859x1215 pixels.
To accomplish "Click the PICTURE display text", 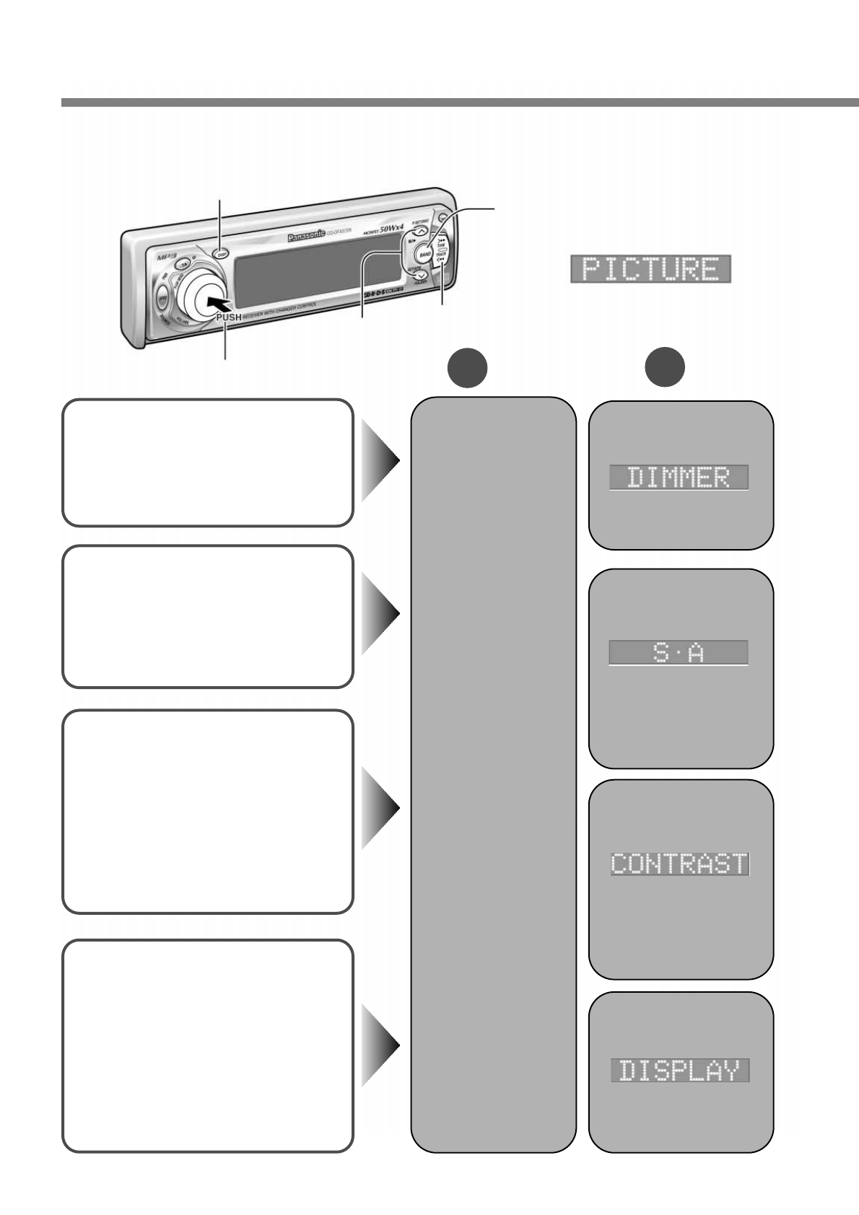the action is coord(650,268).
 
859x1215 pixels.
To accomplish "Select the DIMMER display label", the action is coord(679,478).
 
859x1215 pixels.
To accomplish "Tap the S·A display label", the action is coord(678,652).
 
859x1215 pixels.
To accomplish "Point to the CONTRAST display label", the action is coord(679,864).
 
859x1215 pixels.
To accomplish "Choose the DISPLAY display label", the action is coord(679,1070).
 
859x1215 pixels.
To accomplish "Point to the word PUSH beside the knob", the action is coord(229,317).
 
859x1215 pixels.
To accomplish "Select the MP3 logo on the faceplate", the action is coord(167,256).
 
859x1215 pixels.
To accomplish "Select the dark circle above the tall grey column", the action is coord(467,368).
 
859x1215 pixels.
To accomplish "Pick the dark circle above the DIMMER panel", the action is coord(665,368).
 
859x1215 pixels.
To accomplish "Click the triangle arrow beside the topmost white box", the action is coord(380,462).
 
